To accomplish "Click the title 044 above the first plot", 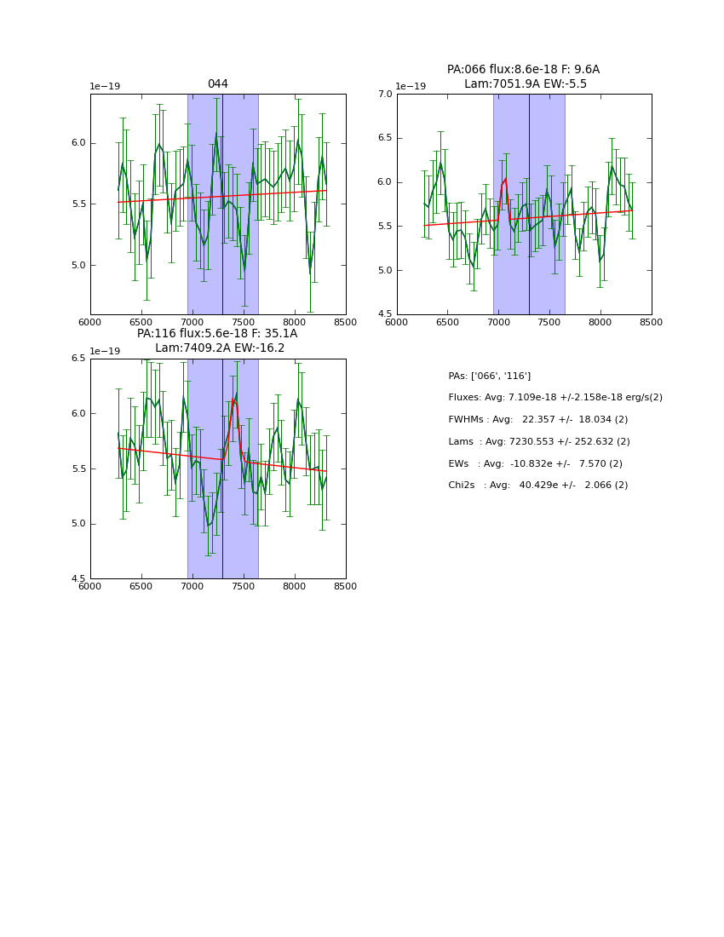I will coord(217,84).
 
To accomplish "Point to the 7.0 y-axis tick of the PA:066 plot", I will coord(385,94).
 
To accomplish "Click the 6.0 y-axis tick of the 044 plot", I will coord(78,143).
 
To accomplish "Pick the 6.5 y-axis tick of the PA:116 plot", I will coord(78,359).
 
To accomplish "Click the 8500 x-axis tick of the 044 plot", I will coord(345,323).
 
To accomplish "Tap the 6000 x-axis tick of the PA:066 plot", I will coord(396,323).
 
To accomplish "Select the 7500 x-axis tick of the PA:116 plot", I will coord(243,586).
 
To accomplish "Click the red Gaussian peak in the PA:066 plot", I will coord(504,180).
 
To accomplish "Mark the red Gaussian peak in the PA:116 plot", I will coord(233,399).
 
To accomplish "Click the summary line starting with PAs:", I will coord(489,376).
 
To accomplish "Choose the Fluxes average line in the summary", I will coord(554,398).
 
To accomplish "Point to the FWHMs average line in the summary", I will coord(537,419).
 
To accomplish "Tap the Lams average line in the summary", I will coord(538,441).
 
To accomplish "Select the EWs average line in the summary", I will coord(535,463).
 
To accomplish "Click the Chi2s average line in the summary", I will coord(537,485).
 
